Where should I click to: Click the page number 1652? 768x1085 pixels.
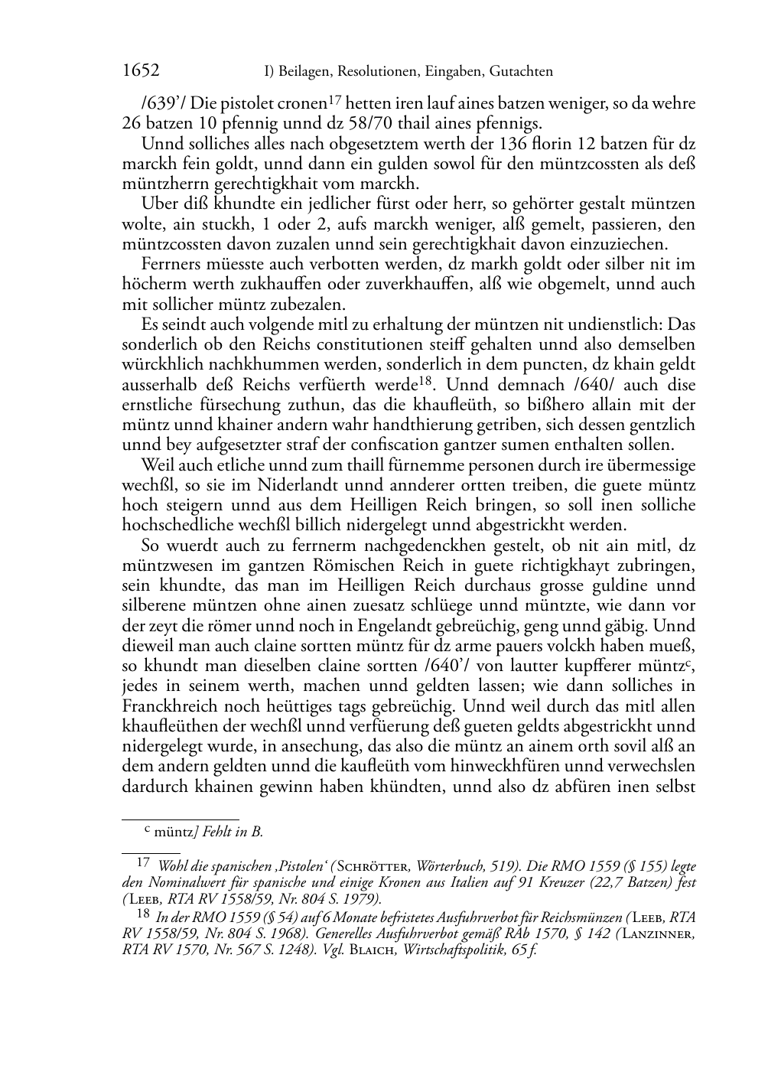[x=141, y=71]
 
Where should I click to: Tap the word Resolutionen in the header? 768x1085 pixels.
[x=373, y=72]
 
